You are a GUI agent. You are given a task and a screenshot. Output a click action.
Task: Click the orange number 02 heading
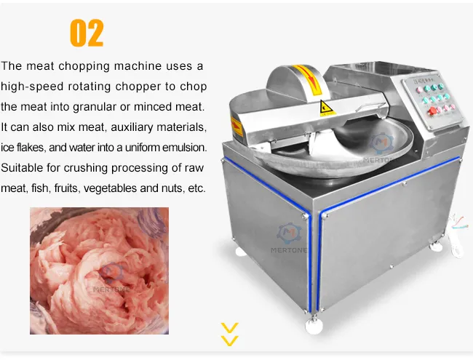[87, 33]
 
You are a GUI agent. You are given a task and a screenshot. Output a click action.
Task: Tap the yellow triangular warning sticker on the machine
[324, 110]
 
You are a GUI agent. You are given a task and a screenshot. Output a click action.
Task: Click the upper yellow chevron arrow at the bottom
[229, 327]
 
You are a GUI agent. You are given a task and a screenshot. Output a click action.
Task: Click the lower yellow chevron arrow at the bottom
[229, 340]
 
